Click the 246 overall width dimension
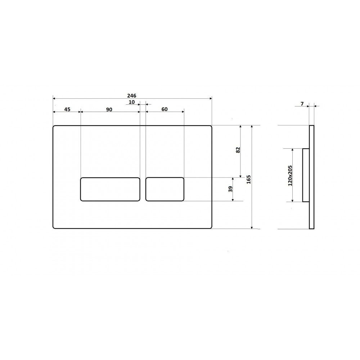tap(131, 95)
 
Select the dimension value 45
tap(67, 109)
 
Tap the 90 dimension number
tap(109, 109)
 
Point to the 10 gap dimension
tap(131, 102)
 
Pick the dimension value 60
tap(165, 109)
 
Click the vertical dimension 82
tap(238, 150)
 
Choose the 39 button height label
tap(230, 189)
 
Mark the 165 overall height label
tap(249, 180)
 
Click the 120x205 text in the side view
tap(290, 176)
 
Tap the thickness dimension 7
tap(302, 104)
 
